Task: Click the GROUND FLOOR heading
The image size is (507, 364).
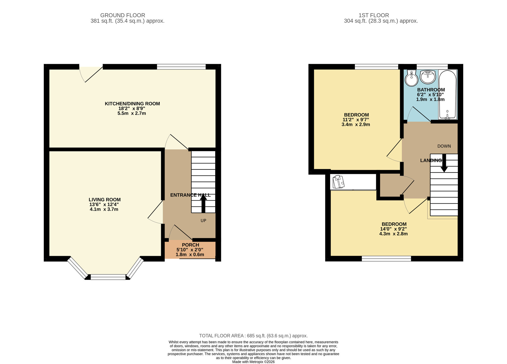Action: [x=123, y=15]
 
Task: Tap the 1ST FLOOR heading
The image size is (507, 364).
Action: [x=374, y=15]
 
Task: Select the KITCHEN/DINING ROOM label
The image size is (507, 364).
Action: [x=132, y=104]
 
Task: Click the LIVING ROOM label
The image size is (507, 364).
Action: [x=104, y=200]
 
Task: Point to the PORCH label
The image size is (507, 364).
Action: [x=190, y=245]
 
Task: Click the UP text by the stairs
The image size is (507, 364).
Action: [x=203, y=221]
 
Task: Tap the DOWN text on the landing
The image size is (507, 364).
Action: [x=444, y=146]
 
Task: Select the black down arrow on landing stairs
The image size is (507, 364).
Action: [x=444, y=163]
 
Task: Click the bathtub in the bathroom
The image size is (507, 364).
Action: [x=447, y=94]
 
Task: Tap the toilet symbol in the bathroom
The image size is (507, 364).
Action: [x=411, y=79]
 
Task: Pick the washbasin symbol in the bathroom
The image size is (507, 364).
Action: [x=428, y=76]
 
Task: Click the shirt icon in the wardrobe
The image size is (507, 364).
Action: [x=338, y=182]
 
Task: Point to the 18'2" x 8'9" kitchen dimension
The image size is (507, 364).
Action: [x=132, y=108]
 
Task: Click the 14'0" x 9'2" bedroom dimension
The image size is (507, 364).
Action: [x=393, y=229]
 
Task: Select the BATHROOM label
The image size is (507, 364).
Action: [x=431, y=90]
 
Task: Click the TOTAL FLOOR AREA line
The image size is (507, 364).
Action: [x=253, y=336]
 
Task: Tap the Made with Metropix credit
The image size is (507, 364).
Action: [x=253, y=362]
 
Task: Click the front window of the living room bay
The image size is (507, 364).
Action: [x=108, y=277]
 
